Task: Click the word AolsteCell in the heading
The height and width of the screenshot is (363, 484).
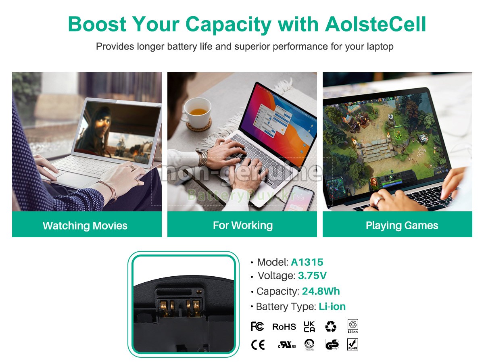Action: (375, 24)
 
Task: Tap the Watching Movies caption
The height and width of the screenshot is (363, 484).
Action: (85, 225)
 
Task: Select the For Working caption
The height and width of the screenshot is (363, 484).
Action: (243, 225)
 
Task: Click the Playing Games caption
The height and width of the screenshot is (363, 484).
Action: (402, 225)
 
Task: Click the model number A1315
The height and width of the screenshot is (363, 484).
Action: (307, 262)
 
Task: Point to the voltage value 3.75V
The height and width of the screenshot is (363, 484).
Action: (312, 276)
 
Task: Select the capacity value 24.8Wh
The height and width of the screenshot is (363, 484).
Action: (321, 291)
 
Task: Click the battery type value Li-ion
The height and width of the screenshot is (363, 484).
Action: (332, 307)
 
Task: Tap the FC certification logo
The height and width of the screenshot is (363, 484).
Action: (257, 326)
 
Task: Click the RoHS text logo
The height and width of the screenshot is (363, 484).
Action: (284, 327)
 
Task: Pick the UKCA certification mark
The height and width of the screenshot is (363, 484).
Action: (309, 326)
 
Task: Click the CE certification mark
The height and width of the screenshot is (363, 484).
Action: (258, 345)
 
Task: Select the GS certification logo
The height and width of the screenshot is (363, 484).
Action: (332, 345)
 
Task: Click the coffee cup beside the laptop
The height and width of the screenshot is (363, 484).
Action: (197, 111)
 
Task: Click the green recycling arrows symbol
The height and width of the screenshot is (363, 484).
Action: (331, 326)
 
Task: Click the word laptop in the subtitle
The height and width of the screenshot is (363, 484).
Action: (380, 46)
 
